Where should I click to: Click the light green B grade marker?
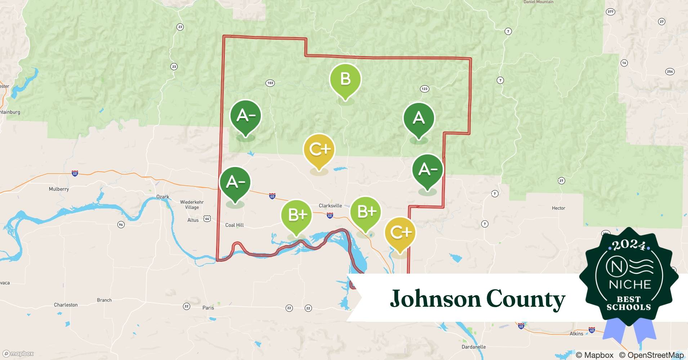coord(345,79)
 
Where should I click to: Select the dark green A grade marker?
coord(419,118)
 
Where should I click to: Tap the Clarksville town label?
coord(330,206)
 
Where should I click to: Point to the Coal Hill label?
coord(234,225)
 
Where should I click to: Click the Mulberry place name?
coord(59,189)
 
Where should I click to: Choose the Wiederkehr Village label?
coord(192,204)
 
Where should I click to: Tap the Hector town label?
coord(558,208)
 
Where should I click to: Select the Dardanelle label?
coord(474,347)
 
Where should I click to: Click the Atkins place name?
coord(576,334)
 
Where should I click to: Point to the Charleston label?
coord(66,305)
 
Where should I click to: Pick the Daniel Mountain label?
coord(539,2)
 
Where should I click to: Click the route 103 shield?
coord(270,83)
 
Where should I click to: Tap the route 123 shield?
coord(424,89)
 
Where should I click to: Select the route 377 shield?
coord(610,12)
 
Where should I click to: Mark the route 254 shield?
coord(670,72)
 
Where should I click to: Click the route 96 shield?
coord(121,225)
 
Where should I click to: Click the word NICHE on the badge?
coord(630,284)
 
